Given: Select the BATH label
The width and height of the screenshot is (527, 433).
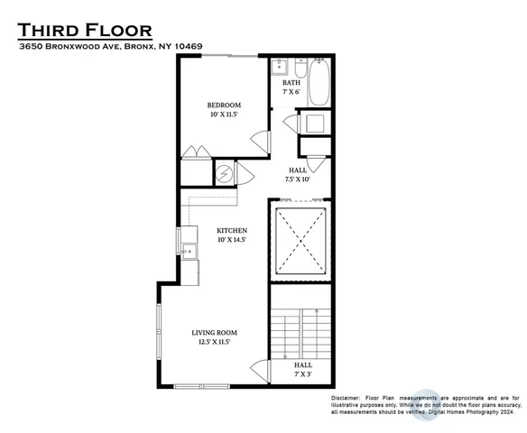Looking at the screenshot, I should pos(290,84).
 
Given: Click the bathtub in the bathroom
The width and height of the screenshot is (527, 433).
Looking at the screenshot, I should pos(319,82).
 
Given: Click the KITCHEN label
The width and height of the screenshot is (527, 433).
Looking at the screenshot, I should pos(232,231).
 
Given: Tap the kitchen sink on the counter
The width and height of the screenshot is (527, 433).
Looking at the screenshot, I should pos(190,252).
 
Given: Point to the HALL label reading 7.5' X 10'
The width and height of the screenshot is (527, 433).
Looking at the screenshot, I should pos(297,170).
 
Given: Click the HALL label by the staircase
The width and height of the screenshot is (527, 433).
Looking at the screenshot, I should pos(302,364).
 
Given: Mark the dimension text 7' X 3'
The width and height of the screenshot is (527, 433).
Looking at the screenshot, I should pos(302,373).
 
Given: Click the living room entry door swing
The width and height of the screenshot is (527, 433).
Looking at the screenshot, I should pos(258,370).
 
